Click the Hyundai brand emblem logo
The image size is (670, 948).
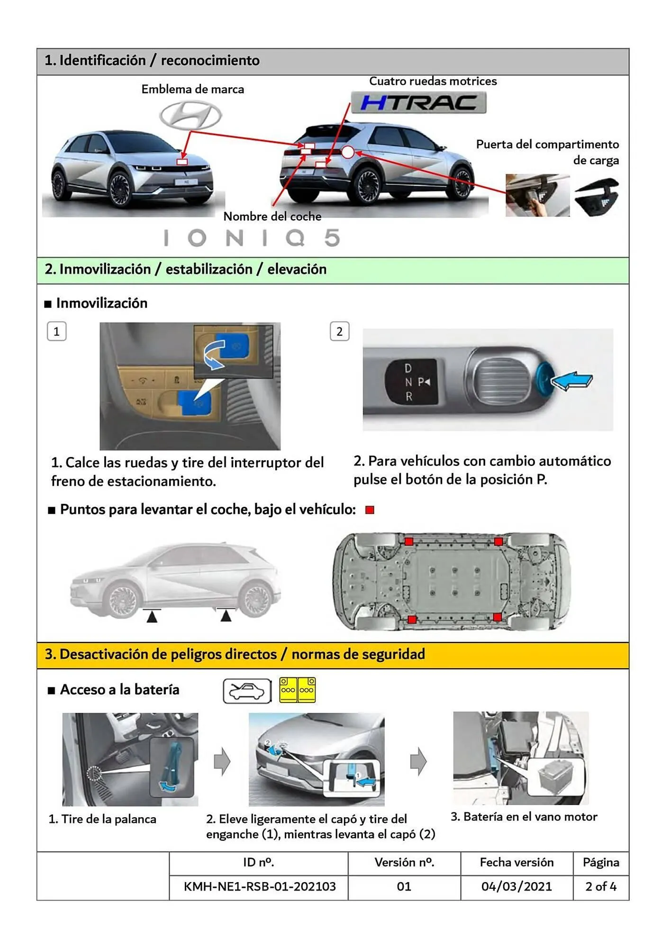(190, 116)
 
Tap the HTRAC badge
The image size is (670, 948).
(418, 102)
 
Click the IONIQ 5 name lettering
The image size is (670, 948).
(252, 238)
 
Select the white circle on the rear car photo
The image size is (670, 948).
(348, 152)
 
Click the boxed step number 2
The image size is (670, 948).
(339, 331)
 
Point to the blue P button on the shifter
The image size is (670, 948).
(543, 380)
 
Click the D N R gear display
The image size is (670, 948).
(410, 382)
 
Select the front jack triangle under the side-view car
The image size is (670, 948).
(152, 616)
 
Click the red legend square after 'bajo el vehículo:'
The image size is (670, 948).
(370, 510)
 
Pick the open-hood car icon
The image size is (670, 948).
(247, 691)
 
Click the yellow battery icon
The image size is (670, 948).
(298, 690)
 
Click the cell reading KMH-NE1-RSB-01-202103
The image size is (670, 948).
(259, 886)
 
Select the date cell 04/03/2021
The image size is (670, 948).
(516, 886)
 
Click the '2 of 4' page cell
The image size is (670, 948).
(600, 886)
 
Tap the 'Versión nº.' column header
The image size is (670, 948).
(404, 862)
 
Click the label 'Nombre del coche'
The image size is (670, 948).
(272, 217)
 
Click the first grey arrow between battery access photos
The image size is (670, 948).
(222, 762)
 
